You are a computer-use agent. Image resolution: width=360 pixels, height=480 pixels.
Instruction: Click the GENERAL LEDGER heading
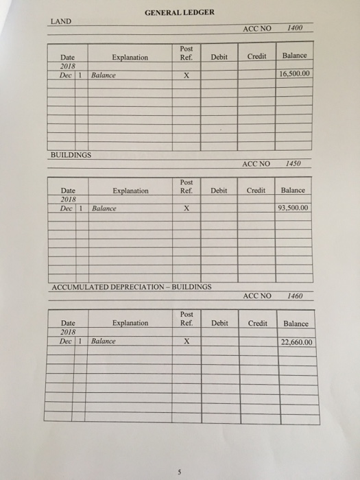pos(180,12)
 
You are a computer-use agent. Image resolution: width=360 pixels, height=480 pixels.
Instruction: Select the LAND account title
pos(61,21)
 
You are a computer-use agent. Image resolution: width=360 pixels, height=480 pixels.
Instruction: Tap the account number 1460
pos(297,296)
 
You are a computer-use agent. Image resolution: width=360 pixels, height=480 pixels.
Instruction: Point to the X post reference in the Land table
pos(186,77)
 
